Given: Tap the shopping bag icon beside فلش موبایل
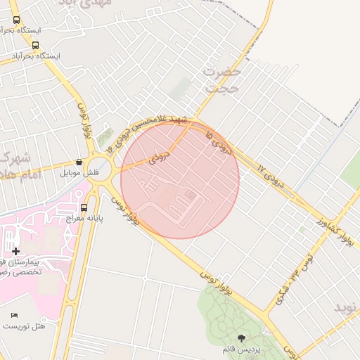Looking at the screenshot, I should click(x=79, y=162).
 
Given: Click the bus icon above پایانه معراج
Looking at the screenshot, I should click(x=84, y=207).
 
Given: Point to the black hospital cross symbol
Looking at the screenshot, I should click(x=15, y=251).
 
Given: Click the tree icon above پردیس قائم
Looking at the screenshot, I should click(x=243, y=338).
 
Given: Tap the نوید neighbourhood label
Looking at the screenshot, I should click(x=347, y=307).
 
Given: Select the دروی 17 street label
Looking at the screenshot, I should click(x=271, y=172).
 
